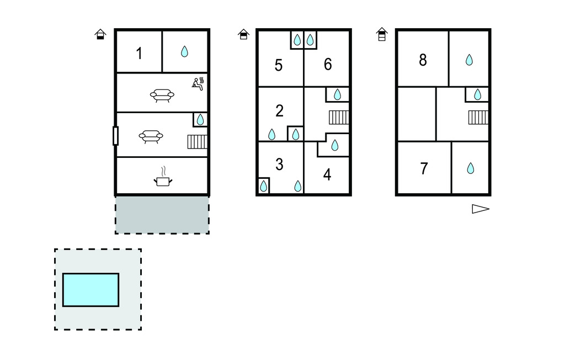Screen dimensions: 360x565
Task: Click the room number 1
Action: point(139,54)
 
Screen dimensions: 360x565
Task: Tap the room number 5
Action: point(279,65)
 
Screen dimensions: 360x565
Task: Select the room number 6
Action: point(328,64)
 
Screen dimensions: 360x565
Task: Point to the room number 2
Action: point(279,110)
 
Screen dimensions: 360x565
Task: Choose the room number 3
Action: point(279,164)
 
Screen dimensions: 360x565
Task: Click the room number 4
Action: point(327,175)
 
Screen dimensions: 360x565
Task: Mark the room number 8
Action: point(423,60)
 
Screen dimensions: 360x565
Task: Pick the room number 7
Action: point(424,168)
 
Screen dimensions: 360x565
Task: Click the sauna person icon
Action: point(198,83)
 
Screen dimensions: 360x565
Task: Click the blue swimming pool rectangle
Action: point(90,290)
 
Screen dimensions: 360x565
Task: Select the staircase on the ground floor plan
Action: point(197,142)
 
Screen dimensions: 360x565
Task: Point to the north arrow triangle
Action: point(480,209)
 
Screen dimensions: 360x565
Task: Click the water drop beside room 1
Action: point(185,52)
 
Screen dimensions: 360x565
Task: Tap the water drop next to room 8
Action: point(469,60)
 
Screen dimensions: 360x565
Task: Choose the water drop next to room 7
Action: point(470,168)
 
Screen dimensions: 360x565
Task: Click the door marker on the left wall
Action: point(115,135)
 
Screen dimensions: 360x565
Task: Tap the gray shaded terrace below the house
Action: point(162,215)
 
